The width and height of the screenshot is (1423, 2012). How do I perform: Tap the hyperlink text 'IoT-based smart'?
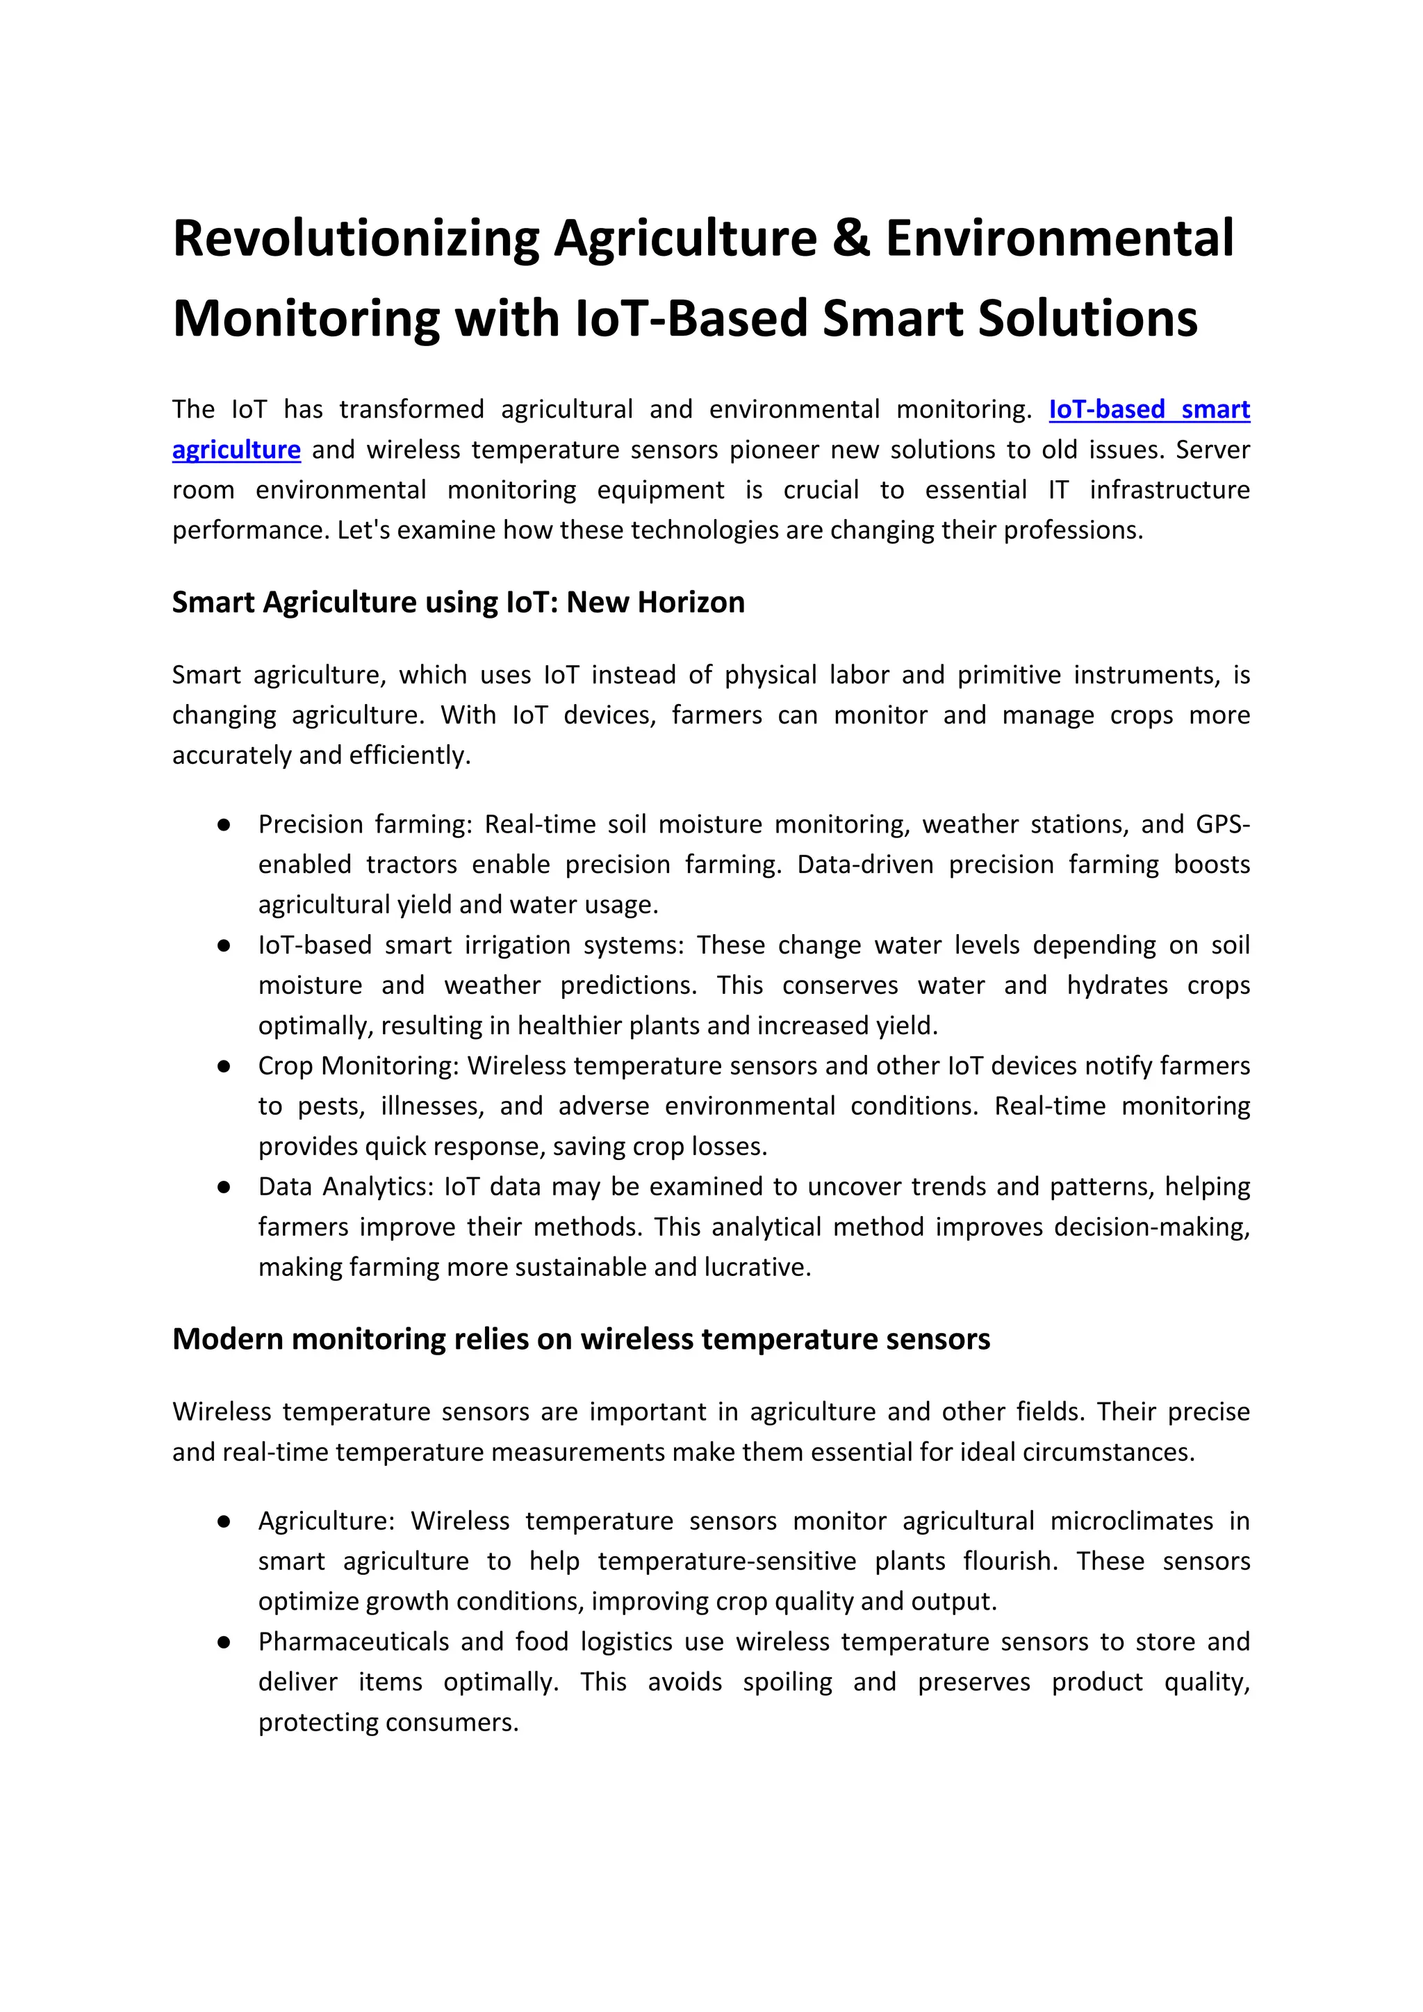(x=1149, y=409)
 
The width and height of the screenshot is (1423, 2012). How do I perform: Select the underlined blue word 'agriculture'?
(x=236, y=450)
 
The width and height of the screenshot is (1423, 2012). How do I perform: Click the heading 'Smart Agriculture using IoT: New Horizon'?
(x=459, y=602)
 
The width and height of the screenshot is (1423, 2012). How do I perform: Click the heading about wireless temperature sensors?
(x=581, y=1339)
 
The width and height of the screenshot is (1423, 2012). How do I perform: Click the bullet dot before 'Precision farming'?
(x=224, y=824)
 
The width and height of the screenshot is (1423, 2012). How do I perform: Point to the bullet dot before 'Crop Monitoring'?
(x=224, y=1067)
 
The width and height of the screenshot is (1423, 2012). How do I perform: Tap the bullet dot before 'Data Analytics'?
(x=224, y=1188)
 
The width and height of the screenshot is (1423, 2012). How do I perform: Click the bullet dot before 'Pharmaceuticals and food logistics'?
(x=224, y=1642)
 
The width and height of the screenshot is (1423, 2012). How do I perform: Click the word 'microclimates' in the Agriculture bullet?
(x=1131, y=1521)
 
